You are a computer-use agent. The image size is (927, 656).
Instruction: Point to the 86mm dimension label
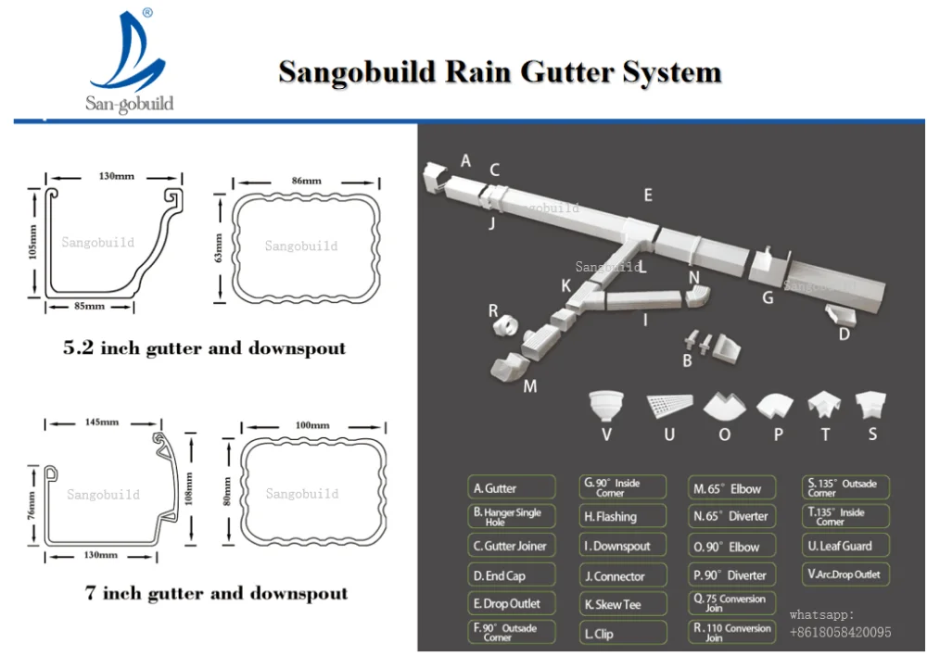point(306,180)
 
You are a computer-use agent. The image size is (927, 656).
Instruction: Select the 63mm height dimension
point(219,247)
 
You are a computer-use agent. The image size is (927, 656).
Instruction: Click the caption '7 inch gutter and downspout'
point(216,593)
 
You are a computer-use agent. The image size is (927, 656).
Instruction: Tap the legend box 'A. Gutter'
point(511,488)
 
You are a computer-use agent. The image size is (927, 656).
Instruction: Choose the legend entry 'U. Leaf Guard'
point(845,546)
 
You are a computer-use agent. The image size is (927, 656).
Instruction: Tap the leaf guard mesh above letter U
point(668,404)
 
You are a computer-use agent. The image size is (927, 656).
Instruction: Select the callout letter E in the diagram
point(648,196)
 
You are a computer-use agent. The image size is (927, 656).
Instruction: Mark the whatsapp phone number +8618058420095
point(840,632)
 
